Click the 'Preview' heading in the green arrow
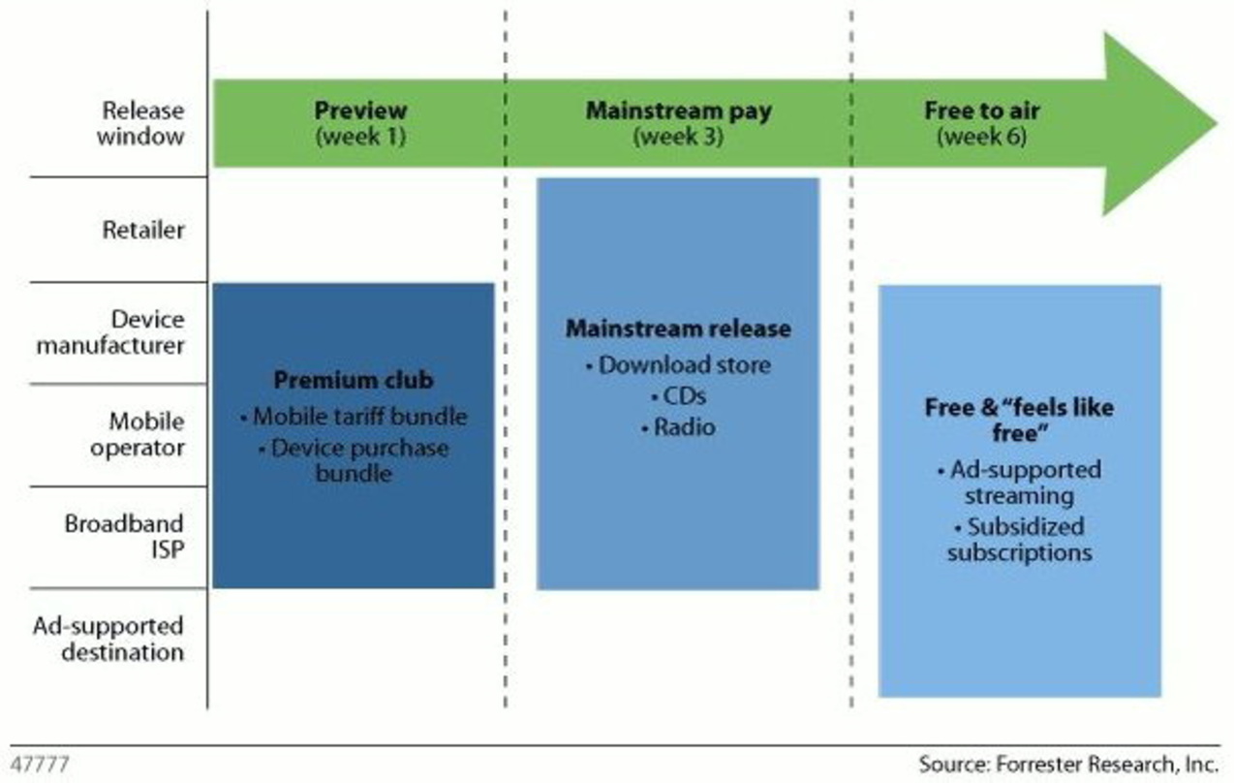point(360,110)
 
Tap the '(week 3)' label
point(678,136)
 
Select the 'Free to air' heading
point(982,110)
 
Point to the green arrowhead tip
point(1217,123)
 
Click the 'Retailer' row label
point(143,230)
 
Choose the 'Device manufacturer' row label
point(110,332)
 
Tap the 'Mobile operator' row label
point(138,434)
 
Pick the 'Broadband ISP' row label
point(125,536)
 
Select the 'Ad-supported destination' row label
point(108,639)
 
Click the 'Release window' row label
point(141,123)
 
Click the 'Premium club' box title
point(354,380)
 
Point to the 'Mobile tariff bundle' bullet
point(354,417)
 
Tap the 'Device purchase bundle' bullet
point(354,460)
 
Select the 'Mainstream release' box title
point(678,329)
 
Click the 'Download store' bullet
point(678,364)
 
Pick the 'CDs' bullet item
point(679,396)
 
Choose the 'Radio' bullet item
point(679,427)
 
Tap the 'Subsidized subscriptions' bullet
point(1020,540)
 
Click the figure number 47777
point(40,765)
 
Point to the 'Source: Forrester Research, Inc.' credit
point(1068,765)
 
